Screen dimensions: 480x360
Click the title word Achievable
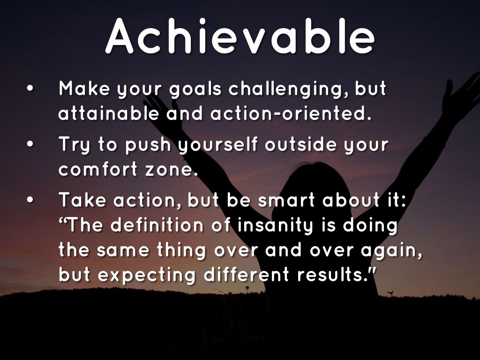coord(240,37)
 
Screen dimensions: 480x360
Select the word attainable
coord(109,113)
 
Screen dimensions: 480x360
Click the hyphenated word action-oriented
coord(291,113)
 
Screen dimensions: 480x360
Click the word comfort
coord(98,168)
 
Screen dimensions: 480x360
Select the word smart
coord(286,201)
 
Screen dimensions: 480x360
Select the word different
coord(247,274)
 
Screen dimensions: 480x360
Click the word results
coord(332,274)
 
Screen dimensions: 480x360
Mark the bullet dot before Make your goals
coord(30,88)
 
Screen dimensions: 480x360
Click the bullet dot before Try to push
coord(30,144)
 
